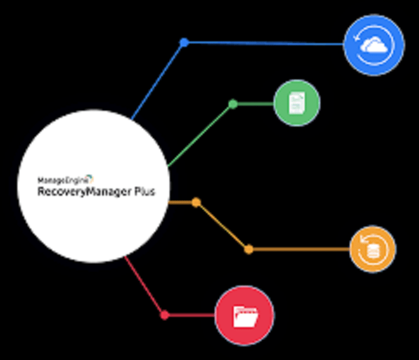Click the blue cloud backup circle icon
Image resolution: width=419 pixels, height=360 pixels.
pos(374,45)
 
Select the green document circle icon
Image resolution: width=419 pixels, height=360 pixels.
pos(297,103)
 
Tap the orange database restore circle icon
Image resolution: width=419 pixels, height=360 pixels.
pos(373,249)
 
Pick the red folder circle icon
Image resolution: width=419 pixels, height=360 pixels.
pos(244,316)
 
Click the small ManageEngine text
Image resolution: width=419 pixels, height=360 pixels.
pos(63,181)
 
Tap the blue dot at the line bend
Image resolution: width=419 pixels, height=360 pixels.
pos(184,42)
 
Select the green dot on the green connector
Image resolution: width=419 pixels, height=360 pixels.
pos(233,104)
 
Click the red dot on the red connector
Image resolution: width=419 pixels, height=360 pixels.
pos(164,315)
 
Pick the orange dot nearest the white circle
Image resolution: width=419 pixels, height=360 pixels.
pos(196,202)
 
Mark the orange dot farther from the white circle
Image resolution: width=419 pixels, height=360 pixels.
pos(249,249)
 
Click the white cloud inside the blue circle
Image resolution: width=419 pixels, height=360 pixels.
pos(373,46)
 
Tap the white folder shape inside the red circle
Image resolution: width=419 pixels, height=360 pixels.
pos(245,317)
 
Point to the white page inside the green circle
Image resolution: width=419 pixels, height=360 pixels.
pos(297,103)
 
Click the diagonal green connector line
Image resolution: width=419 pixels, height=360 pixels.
pos(200,135)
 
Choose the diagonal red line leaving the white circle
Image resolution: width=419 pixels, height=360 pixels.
pos(144,285)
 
